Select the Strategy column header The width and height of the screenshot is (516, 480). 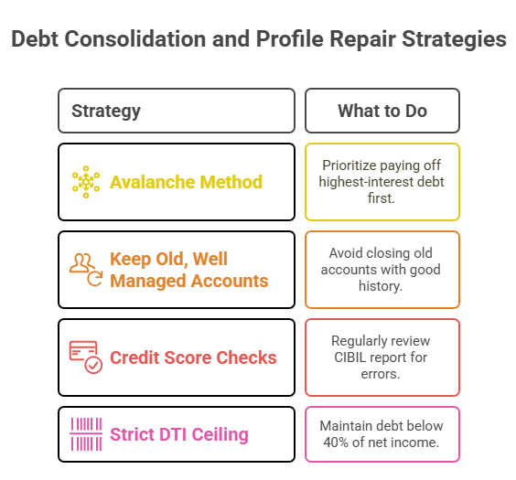106,112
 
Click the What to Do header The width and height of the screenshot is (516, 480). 382,112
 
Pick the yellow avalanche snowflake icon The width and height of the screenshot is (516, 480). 86,182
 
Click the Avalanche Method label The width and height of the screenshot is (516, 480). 186,182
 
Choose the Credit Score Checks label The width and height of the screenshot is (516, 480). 193,357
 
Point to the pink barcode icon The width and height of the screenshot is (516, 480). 86,434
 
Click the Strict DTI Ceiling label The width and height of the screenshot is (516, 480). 178,434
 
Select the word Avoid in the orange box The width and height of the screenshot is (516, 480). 348,253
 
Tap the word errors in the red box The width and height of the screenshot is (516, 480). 382,374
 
